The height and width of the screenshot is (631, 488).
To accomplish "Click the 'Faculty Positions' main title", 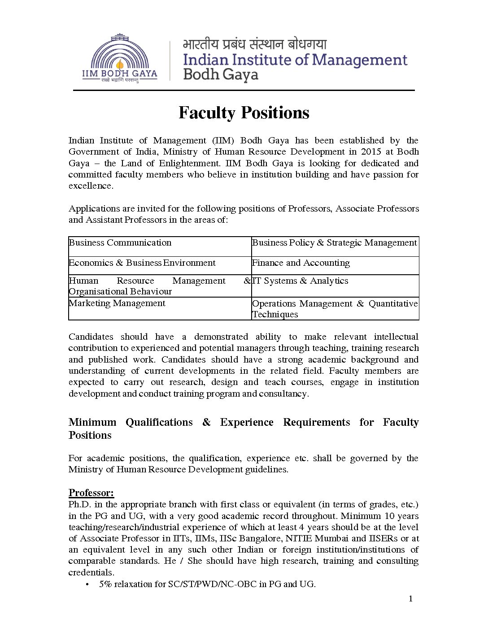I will pos(244,112).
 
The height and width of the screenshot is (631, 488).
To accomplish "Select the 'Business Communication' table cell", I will pos(120,243).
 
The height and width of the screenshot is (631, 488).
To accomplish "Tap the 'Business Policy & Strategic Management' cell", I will pos(335,243).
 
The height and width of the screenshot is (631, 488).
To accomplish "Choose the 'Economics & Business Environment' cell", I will pos(142,263).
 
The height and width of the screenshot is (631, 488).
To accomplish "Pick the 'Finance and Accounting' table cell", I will pos(301,263).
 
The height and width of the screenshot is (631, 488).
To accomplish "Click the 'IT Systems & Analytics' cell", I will pos(300,281).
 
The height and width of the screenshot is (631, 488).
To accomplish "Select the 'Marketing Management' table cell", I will pos(117,303).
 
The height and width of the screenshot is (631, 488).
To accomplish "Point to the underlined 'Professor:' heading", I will pos(91,493).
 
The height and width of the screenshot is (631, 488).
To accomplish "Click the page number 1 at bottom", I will pos(410,599).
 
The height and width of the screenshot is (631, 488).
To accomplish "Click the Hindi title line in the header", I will pos(255,45).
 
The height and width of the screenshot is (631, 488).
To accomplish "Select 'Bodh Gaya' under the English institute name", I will pos(221,74).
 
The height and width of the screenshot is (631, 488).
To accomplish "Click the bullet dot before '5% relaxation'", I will pos(87,584).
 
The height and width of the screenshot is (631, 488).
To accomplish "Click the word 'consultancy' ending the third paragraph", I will pos(286,394).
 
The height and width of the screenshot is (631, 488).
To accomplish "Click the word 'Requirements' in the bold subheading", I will pos(316,423).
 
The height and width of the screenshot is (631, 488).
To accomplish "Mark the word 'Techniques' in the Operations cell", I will pos(275,314).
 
